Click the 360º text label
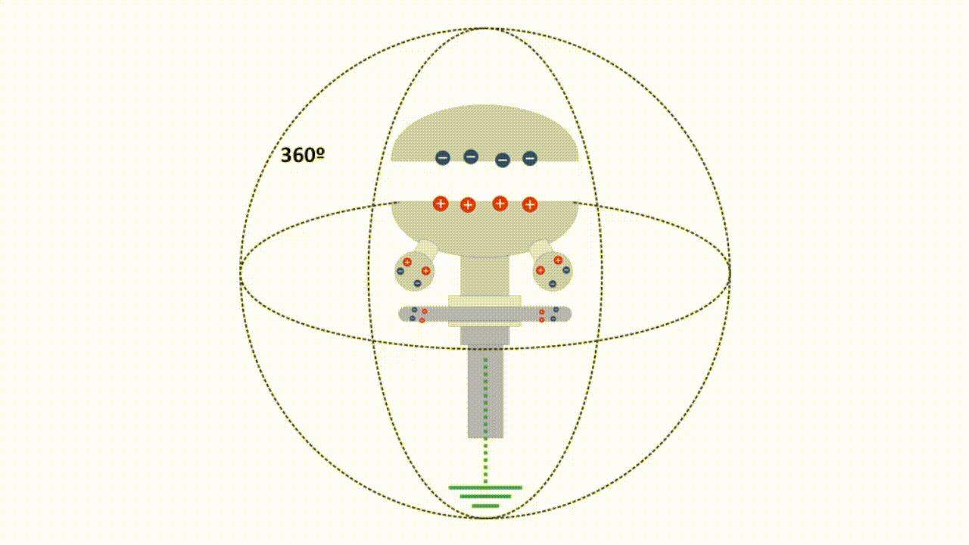[x=302, y=155]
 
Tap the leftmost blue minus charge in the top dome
[x=443, y=157]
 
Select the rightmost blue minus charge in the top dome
[x=530, y=158]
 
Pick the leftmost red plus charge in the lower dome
[x=441, y=204]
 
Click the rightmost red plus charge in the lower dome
[x=530, y=204]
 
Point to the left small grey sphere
[x=414, y=272]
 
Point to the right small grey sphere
[x=553, y=272]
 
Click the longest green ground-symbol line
[x=485, y=487]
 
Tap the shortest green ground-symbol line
[x=485, y=506]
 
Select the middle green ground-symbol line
[x=485, y=497]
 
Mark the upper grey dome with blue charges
[x=485, y=133]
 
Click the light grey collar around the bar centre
[x=484, y=310]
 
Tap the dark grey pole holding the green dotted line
[x=485, y=391]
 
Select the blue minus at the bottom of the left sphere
[x=417, y=283]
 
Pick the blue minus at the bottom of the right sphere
[x=553, y=284]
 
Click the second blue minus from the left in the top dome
[x=471, y=156]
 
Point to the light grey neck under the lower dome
[x=484, y=276]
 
